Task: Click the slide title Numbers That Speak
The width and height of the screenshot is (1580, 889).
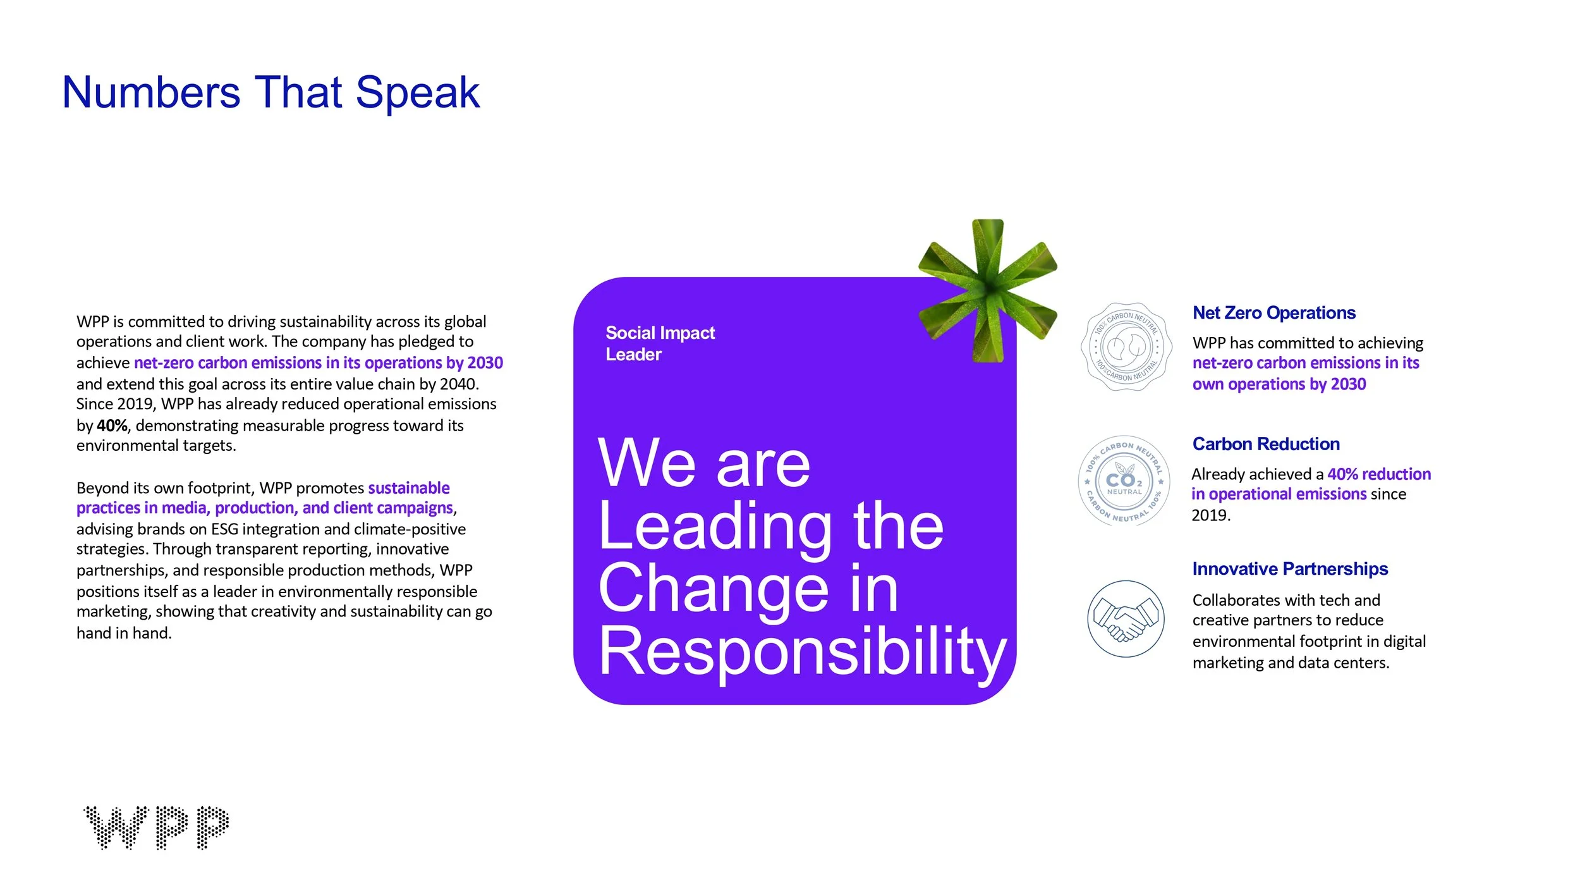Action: click(270, 93)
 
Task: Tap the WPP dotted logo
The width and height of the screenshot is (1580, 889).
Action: click(156, 827)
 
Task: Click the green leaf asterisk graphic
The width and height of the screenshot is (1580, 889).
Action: click(988, 290)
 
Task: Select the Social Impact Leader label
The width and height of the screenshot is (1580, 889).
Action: click(660, 343)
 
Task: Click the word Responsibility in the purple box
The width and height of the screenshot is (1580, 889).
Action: click(802, 653)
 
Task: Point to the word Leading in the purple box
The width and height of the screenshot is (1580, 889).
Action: click(715, 527)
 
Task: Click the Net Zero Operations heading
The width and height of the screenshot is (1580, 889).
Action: click(1273, 313)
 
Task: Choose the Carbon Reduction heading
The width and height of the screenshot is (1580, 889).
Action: click(1265, 444)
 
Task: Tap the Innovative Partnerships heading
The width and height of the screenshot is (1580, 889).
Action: click(1290, 569)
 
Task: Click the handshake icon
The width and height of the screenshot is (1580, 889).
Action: click(1126, 618)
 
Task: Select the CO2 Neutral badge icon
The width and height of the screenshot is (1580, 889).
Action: click(1124, 481)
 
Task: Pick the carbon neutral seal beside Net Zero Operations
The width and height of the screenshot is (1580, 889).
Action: click(1126, 346)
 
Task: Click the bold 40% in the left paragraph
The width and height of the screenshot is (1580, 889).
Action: click(112, 426)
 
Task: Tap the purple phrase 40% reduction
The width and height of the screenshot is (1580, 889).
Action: click(1379, 474)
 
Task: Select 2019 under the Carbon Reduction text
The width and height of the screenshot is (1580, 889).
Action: click(1210, 515)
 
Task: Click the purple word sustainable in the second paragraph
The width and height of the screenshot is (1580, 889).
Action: click(409, 488)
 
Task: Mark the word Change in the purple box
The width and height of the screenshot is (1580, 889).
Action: click(714, 589)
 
